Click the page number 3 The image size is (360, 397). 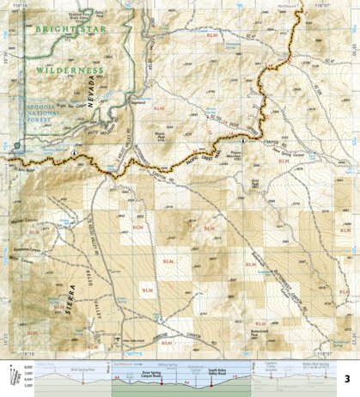[x=348, y=379]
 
